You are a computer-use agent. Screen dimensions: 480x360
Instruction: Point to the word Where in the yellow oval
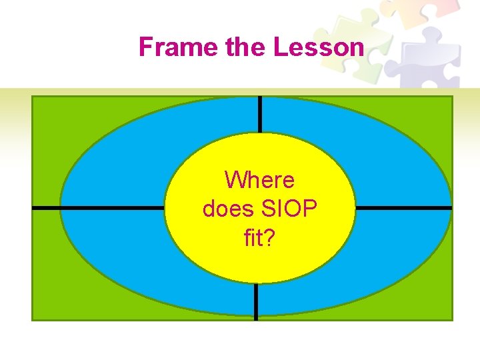(259, 180)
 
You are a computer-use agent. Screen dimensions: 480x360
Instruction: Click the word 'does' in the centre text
(225, 209)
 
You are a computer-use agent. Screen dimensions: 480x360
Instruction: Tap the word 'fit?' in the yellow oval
(259, 238)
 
